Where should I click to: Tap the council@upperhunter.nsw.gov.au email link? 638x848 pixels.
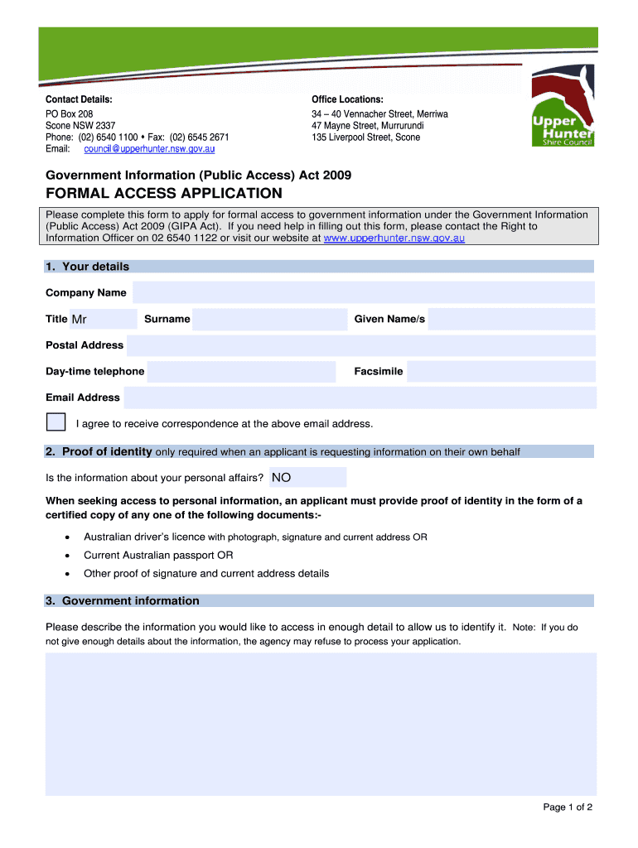149,149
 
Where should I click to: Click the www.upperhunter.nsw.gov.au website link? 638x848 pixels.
394,238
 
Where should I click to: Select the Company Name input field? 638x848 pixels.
363,292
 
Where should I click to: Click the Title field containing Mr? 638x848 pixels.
103,319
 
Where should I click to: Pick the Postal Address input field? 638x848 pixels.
360,345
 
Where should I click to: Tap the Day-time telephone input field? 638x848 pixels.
240,372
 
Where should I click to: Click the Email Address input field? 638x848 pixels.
360,397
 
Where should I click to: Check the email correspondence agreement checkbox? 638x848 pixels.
56,422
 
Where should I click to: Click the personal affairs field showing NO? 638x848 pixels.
307,477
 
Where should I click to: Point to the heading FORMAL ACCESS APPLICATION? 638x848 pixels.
163,194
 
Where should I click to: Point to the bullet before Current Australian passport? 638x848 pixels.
66,556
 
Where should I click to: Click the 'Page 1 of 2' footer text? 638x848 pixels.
568,807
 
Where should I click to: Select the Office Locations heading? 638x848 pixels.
347,99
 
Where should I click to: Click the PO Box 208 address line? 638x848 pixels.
69,113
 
